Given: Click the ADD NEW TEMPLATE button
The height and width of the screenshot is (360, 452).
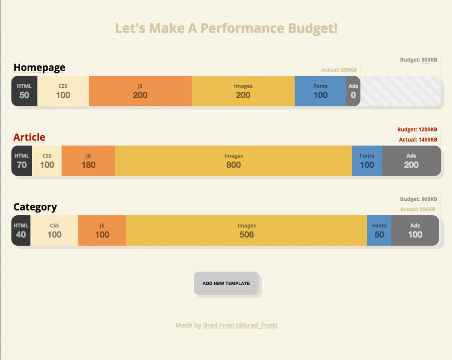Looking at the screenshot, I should [226, 283].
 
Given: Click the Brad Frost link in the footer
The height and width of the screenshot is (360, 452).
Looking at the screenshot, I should [218, 326].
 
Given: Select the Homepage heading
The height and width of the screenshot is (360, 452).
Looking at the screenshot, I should [39, 67].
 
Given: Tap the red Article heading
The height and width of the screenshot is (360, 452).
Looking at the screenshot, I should [29, 137].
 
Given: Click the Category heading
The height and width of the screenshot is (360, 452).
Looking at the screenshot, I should [35, 207].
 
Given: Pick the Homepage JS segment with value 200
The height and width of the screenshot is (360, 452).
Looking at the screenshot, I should [140, 91].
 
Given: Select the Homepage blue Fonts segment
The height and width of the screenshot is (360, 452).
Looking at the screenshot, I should [320, 91].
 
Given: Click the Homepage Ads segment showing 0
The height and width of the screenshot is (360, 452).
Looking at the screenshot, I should [353, 91].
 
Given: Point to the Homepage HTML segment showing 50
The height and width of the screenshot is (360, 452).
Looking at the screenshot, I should [24, 91].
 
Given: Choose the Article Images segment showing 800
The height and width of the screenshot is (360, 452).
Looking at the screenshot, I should [234, 161].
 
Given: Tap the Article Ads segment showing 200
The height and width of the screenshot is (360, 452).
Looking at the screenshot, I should [411, 161].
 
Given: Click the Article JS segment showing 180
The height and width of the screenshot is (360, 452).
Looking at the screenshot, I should [88, 161].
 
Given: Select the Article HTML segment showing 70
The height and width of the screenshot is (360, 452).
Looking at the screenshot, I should [22, 161].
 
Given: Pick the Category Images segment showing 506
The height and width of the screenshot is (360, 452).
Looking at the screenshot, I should [246, 230].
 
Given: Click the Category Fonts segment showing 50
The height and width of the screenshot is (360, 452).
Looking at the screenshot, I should [379, 230].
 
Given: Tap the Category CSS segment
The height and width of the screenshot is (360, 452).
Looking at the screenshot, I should [54, 230].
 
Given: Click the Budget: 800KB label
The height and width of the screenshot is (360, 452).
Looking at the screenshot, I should [418, 60].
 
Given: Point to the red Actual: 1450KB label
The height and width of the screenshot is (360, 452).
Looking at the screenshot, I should [418, 139].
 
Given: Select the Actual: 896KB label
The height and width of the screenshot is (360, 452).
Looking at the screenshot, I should [417, 209].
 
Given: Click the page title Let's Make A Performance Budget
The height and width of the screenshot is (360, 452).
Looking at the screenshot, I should [226, 28].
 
